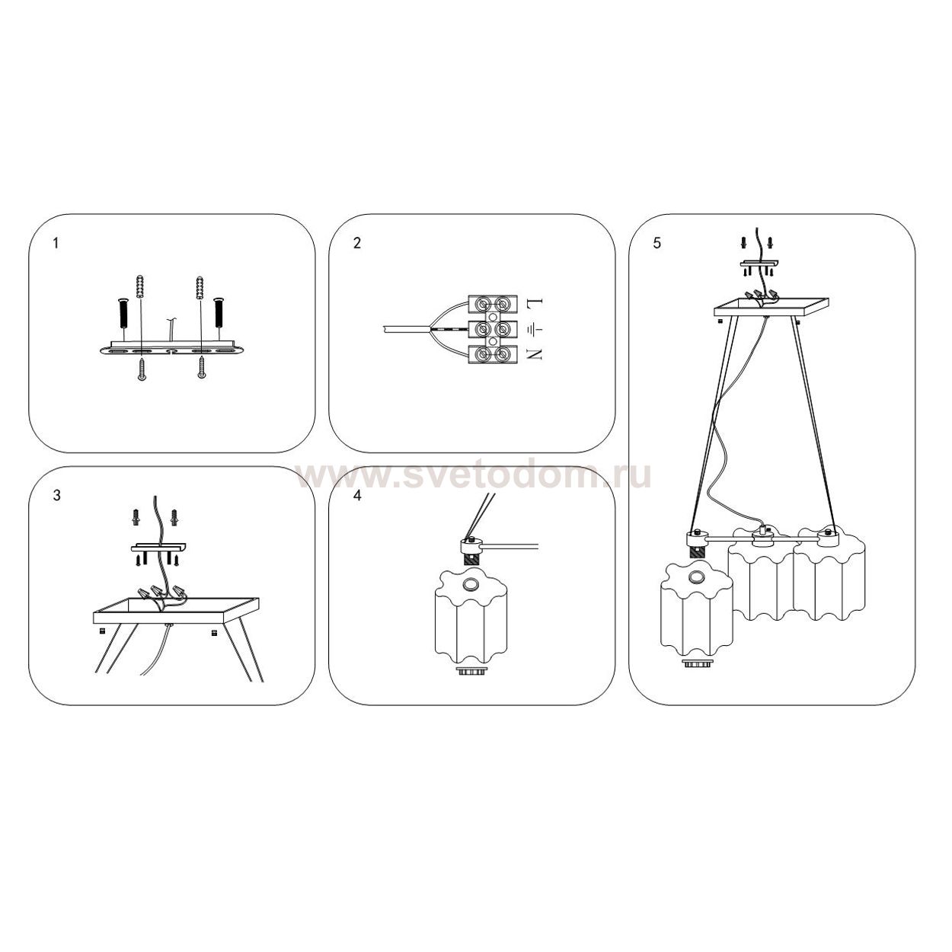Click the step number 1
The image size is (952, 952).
click(56, 243)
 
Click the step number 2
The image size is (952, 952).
click(357, 243)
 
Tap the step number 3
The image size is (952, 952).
click(57, 495)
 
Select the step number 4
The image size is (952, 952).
click(358, 495)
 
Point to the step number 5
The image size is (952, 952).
click(657, 243)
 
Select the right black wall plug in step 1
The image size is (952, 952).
click(219, 313)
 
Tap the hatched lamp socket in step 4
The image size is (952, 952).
click(471, 560)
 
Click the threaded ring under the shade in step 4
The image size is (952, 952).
click(471, 672)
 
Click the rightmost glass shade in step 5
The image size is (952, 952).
click(829, 578)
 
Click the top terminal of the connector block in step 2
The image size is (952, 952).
click(493, 303)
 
